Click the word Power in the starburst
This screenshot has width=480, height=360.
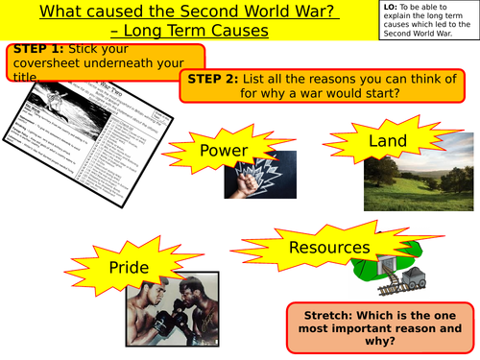coord(223,151)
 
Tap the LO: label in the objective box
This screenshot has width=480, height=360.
coord(387,8)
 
